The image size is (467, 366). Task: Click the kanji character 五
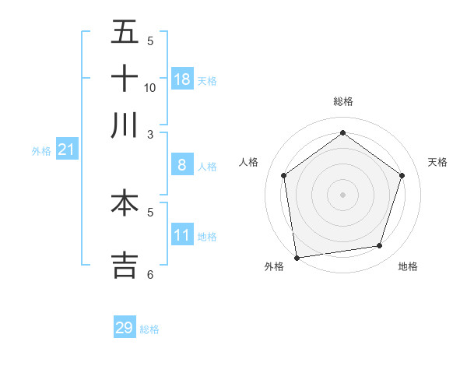[125, 33]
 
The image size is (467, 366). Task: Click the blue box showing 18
[182, 79]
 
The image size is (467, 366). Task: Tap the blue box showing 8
[182, 164]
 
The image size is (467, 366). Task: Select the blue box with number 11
[182, 235]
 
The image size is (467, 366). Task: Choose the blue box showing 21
[66, 150]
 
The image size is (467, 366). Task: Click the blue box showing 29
[125, 328]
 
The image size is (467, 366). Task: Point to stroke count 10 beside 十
[150, 87]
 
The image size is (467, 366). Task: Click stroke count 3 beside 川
[150, 134]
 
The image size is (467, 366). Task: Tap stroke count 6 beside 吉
[150, 274]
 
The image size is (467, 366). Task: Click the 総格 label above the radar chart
[342, 101]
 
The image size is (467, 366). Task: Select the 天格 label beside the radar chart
[437, 162]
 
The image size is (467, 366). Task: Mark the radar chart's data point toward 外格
[296, 257]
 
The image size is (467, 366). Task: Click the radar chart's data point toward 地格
[380, 246]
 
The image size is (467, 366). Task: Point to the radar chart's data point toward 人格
[283, 175]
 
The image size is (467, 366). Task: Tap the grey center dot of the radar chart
[342, 194]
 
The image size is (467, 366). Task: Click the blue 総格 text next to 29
[149, 329]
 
